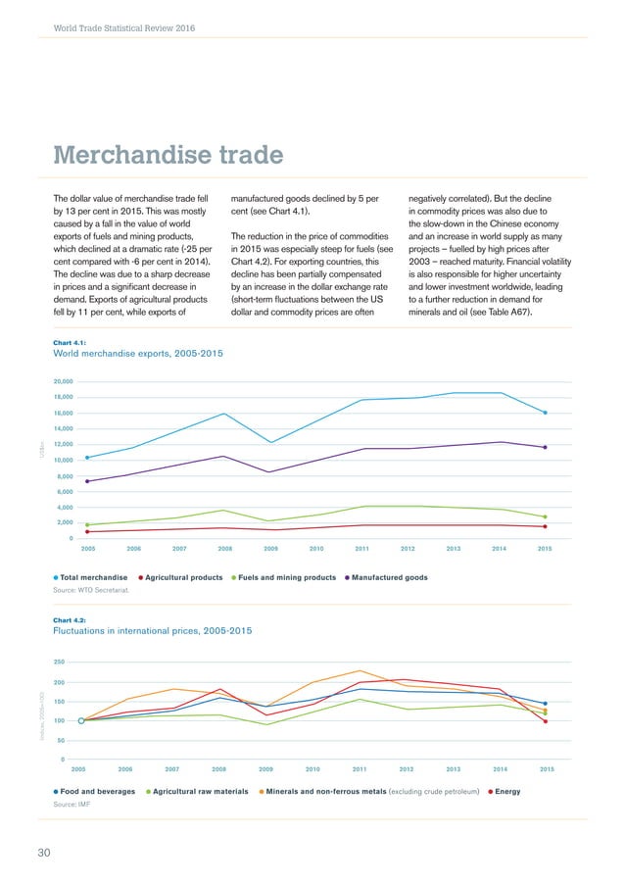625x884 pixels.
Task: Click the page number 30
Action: pos(44,853)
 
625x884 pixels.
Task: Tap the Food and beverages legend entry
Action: pos(94,790)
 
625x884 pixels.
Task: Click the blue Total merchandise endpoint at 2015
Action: pos(545,413)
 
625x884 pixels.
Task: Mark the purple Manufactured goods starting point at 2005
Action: pos(87,481)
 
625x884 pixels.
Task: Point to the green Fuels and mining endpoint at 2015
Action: pos(545,516)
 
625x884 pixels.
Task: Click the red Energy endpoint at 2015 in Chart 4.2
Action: pos(545,721)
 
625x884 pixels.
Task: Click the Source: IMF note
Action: pos(71,803)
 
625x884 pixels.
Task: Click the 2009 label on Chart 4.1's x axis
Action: pos(270,549)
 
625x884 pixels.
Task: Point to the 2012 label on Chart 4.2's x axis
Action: pos(407,769)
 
